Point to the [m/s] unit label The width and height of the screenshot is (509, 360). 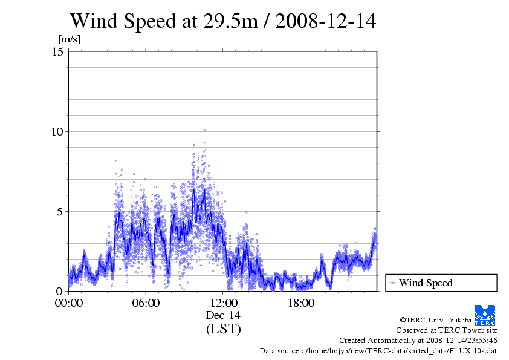[69, 39]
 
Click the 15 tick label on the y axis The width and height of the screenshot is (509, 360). [59, 52]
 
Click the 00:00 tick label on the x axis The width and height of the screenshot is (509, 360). [68, 303]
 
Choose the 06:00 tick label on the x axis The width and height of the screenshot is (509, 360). [146, 303]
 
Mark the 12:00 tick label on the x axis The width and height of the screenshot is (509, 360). [223, 303]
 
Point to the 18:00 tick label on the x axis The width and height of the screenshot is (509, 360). [300, 303]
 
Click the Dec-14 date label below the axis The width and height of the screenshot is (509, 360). [223, 315]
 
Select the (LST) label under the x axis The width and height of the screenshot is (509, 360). [223, 329]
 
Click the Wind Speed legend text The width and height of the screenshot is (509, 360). [426, 283]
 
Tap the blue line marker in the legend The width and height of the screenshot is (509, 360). [392, 283]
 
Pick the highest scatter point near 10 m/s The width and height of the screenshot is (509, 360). [204, 129]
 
